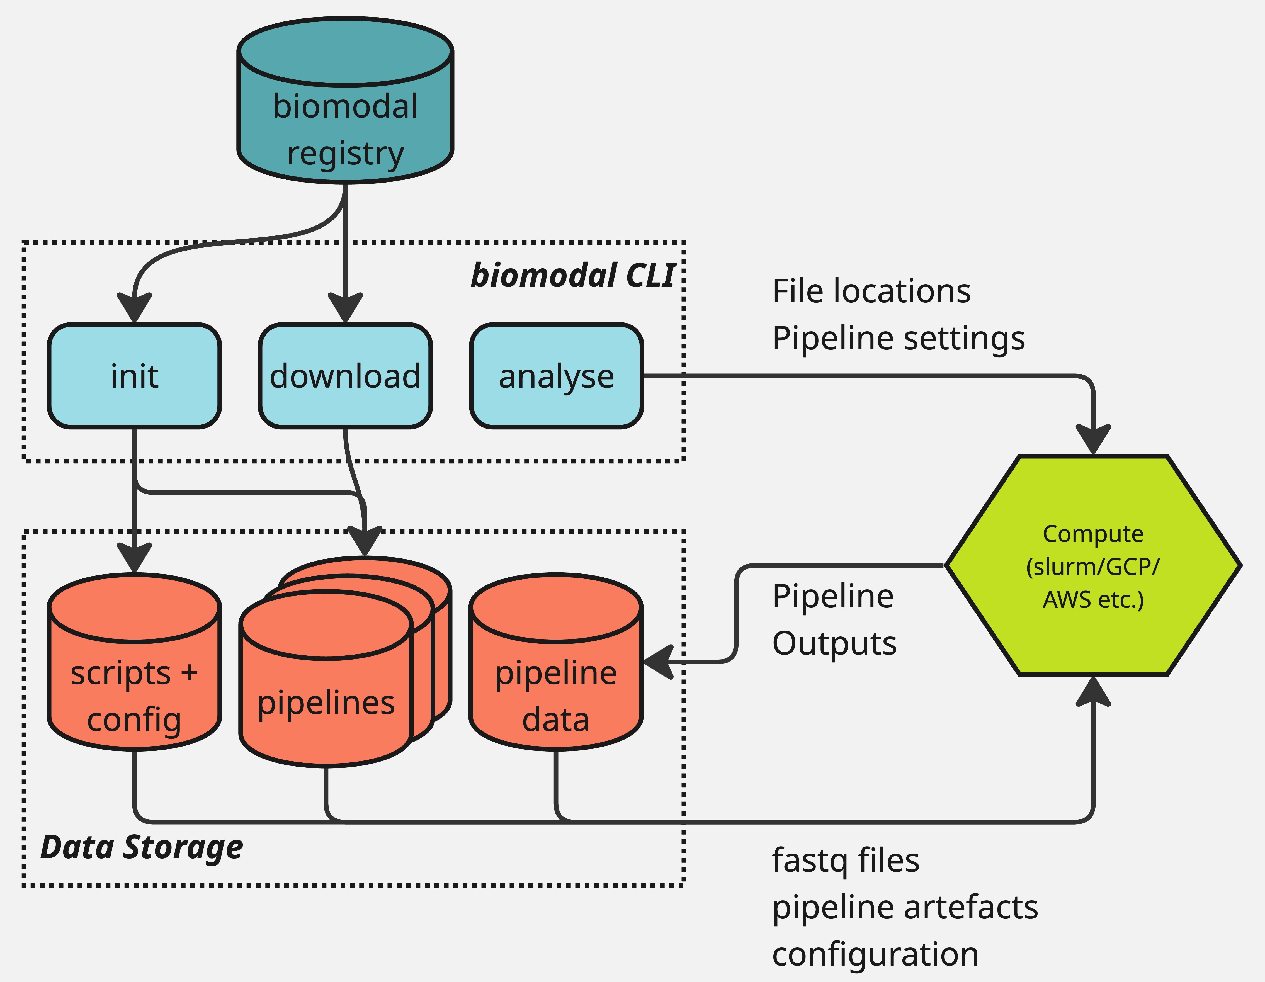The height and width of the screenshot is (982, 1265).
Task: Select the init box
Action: (134, 376)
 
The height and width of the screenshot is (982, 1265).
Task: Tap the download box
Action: (345, 376)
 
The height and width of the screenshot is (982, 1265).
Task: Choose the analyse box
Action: (556, 376)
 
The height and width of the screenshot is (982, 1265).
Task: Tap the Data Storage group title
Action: (142, 847)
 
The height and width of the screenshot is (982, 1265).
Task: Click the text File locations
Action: (871, 291)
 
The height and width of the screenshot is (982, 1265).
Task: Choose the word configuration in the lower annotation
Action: (875, 954)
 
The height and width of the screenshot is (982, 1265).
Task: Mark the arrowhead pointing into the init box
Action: (134, 307)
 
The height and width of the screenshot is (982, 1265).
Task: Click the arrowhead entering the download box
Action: (345, 307)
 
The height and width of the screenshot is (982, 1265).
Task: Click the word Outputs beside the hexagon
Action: (834, 643)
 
